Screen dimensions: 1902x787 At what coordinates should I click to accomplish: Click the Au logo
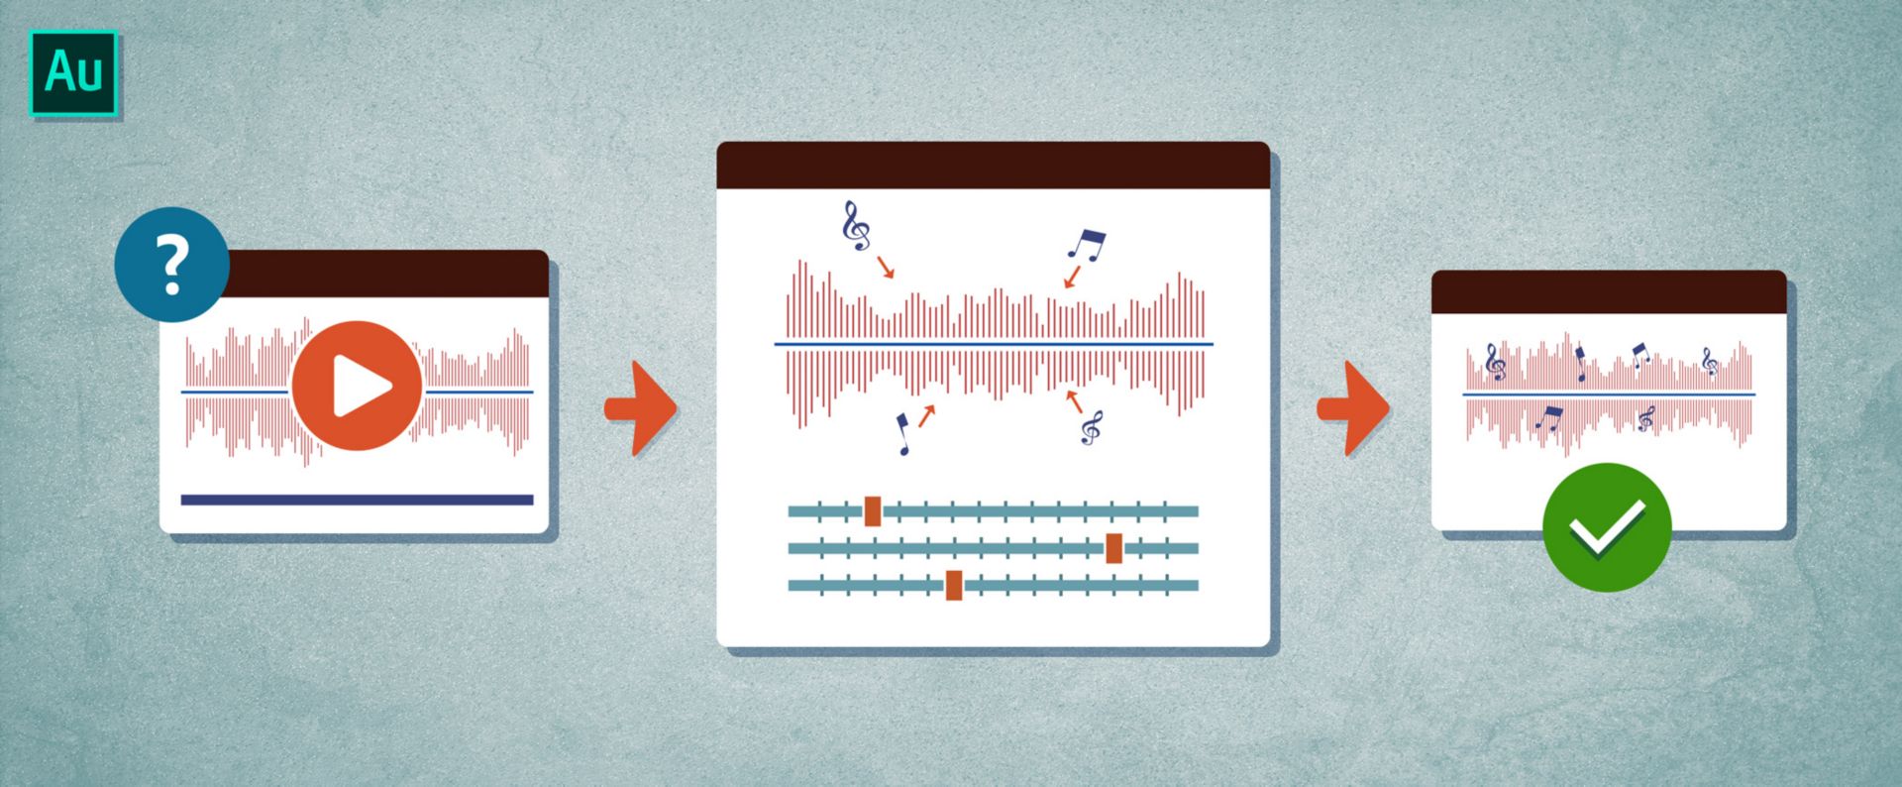(x=73, y=73)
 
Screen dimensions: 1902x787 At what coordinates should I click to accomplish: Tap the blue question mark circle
(x=172, y=265)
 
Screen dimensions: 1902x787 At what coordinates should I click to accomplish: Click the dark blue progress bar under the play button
(x=357, y=500)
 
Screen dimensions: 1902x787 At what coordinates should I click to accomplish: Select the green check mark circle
(x=1607, y=527)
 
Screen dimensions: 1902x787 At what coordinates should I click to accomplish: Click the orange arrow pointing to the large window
(x=641, y=408)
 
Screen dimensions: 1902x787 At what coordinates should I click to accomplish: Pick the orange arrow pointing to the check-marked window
(x=1353, y=408)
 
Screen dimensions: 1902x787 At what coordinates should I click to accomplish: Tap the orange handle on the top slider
(x=873, y=511)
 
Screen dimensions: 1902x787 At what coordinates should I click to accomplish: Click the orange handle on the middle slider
(x=1114, y=548)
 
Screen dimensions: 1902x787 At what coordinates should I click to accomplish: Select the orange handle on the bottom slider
(x=954, y=585)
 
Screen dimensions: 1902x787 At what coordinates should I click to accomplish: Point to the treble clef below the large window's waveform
(x=1092, y=428)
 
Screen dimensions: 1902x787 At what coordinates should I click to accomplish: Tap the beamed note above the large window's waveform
(x=1086, y=244)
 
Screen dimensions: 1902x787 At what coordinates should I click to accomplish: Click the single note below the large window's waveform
(x=903, y=434)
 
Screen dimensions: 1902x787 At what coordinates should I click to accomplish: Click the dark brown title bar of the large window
(x=993, y=166)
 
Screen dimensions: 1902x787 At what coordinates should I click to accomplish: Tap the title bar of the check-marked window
(x=1609, y=292)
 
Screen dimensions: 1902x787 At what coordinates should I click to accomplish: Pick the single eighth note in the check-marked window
(x=1580, y=364)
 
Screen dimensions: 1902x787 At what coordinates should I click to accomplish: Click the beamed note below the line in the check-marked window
(x=1548, y=418)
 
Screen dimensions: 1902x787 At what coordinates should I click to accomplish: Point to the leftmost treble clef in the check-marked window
(x=1496, y=363)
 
